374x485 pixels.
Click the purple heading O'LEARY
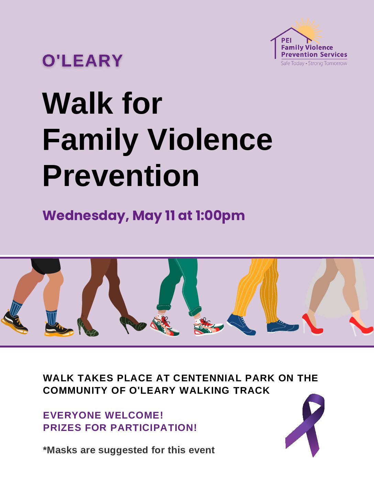point(82,61)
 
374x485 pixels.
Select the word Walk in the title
point(78,104)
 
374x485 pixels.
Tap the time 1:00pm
point(220,216)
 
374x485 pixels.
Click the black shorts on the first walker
point(46,266)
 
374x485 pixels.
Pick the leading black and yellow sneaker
point(59,329)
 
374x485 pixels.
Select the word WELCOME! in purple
point(134,415)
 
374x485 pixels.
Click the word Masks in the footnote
point(60,450)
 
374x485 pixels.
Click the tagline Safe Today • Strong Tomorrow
point(314,63)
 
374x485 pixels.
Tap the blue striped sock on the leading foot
point(51,317)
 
